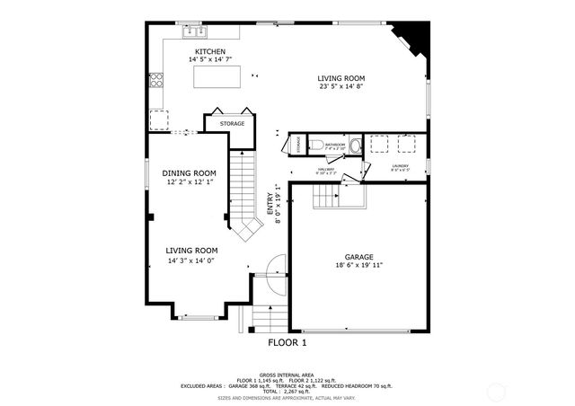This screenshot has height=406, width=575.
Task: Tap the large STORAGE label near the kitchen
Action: tap(232, 123)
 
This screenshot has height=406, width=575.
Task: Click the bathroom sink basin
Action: tap(354, 146)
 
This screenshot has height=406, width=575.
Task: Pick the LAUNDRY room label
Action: tap(400, 165)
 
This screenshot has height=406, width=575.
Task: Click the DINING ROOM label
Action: tap(189, 173)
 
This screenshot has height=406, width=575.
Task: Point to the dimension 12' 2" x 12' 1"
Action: tap(189, 182)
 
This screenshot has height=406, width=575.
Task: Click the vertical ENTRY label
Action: tap(269, 204)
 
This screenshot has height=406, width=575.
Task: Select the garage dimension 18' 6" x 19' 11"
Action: tap(358, 266)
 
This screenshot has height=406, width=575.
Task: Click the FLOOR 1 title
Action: tap(287, 342)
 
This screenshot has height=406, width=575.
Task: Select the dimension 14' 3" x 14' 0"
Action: tap(192, 260)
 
